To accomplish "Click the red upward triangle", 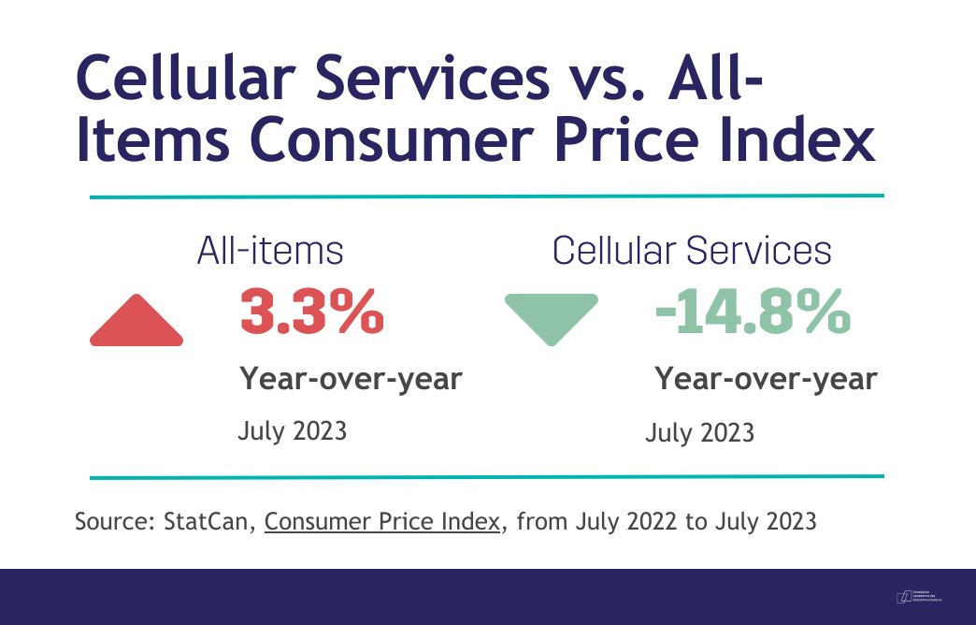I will pyautogui.click(x=136, y=322).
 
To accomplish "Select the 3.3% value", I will pyautogui.click(x=312, y=312).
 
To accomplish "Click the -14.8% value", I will pyautogui.click(x=754, y=312).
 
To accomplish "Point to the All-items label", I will pyautogui.click(x=270, y=251).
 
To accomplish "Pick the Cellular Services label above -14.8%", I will pyautogui.click(x=692, y=251).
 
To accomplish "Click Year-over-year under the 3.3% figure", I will pyautogui.click(x=351, y=379).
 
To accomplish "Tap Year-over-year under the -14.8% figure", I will pyautogui.click(x=766, y=379).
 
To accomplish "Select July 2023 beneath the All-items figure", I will pyautogui.click(x=293, y=431).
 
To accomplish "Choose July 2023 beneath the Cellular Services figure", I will pyautogui.click(x=700, y=434).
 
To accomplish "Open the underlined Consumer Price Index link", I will pyautogui.click(x=382, y=521).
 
